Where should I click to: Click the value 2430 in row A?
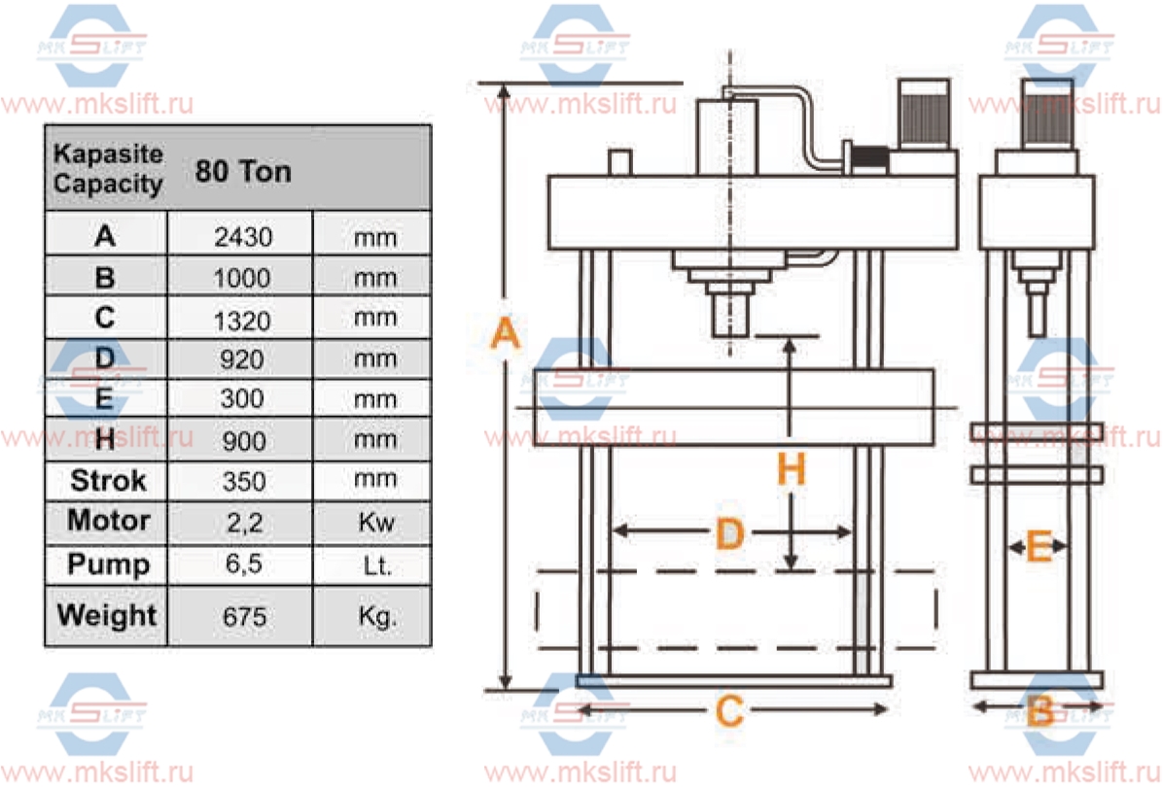[x=243, y=236]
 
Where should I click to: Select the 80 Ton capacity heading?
[x=243, y=172]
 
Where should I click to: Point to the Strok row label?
[x=107, y=480]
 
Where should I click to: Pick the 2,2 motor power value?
[x=243, y=522]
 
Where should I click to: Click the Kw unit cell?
[x=375, y=522]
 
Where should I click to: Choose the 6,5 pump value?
[x=243, y=565]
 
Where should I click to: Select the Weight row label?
[x=107, y=615]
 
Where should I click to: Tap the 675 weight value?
[x=243, y=616]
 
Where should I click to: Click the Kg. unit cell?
[x=375, y=616]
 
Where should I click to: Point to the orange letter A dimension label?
[x=504, y=335]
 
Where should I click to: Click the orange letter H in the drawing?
[x=792, y=471]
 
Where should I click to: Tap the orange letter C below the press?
[x=729, y=712]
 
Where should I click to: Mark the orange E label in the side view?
[x=1039, y=548]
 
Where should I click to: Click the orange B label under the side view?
[x=1039, y=712]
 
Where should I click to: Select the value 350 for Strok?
[x=243, y=480]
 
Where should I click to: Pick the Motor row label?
[x=107, y=521]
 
